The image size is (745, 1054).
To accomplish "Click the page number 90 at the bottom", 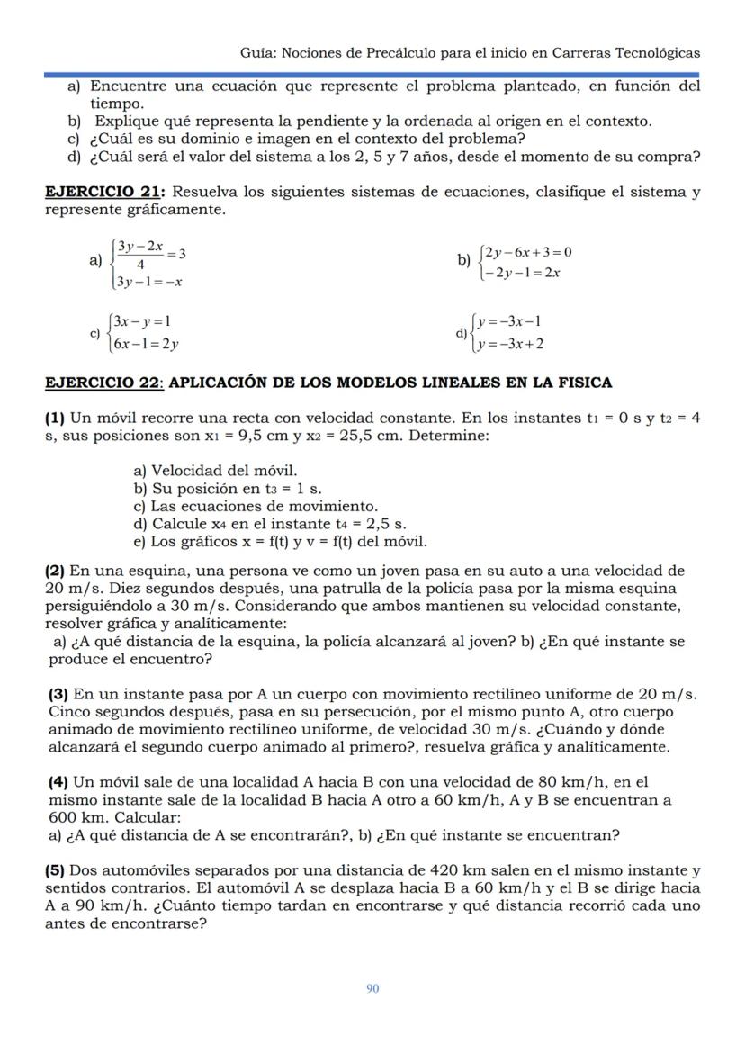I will pyautogui.click(x=372, y=988).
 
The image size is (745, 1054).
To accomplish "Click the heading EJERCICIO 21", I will pyautogui.click(x=104, y=193).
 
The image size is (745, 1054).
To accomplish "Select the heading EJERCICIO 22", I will pyautogui.click(x=103, y=383).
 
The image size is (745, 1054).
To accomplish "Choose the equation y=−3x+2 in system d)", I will pyautogui.click(x=510, y=344).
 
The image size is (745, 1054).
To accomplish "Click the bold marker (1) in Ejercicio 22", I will pyautogui.click(x=55, y=418).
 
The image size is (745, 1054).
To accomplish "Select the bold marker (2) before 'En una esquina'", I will pyautogui.click(x=55, y=571).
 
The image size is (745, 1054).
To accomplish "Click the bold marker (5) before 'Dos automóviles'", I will pyautogui.click(x=55, y=870).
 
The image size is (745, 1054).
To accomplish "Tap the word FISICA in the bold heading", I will pyautogui.click(x=584, y=383).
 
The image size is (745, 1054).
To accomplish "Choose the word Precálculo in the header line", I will pyautogui.click(x=402, y=53).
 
